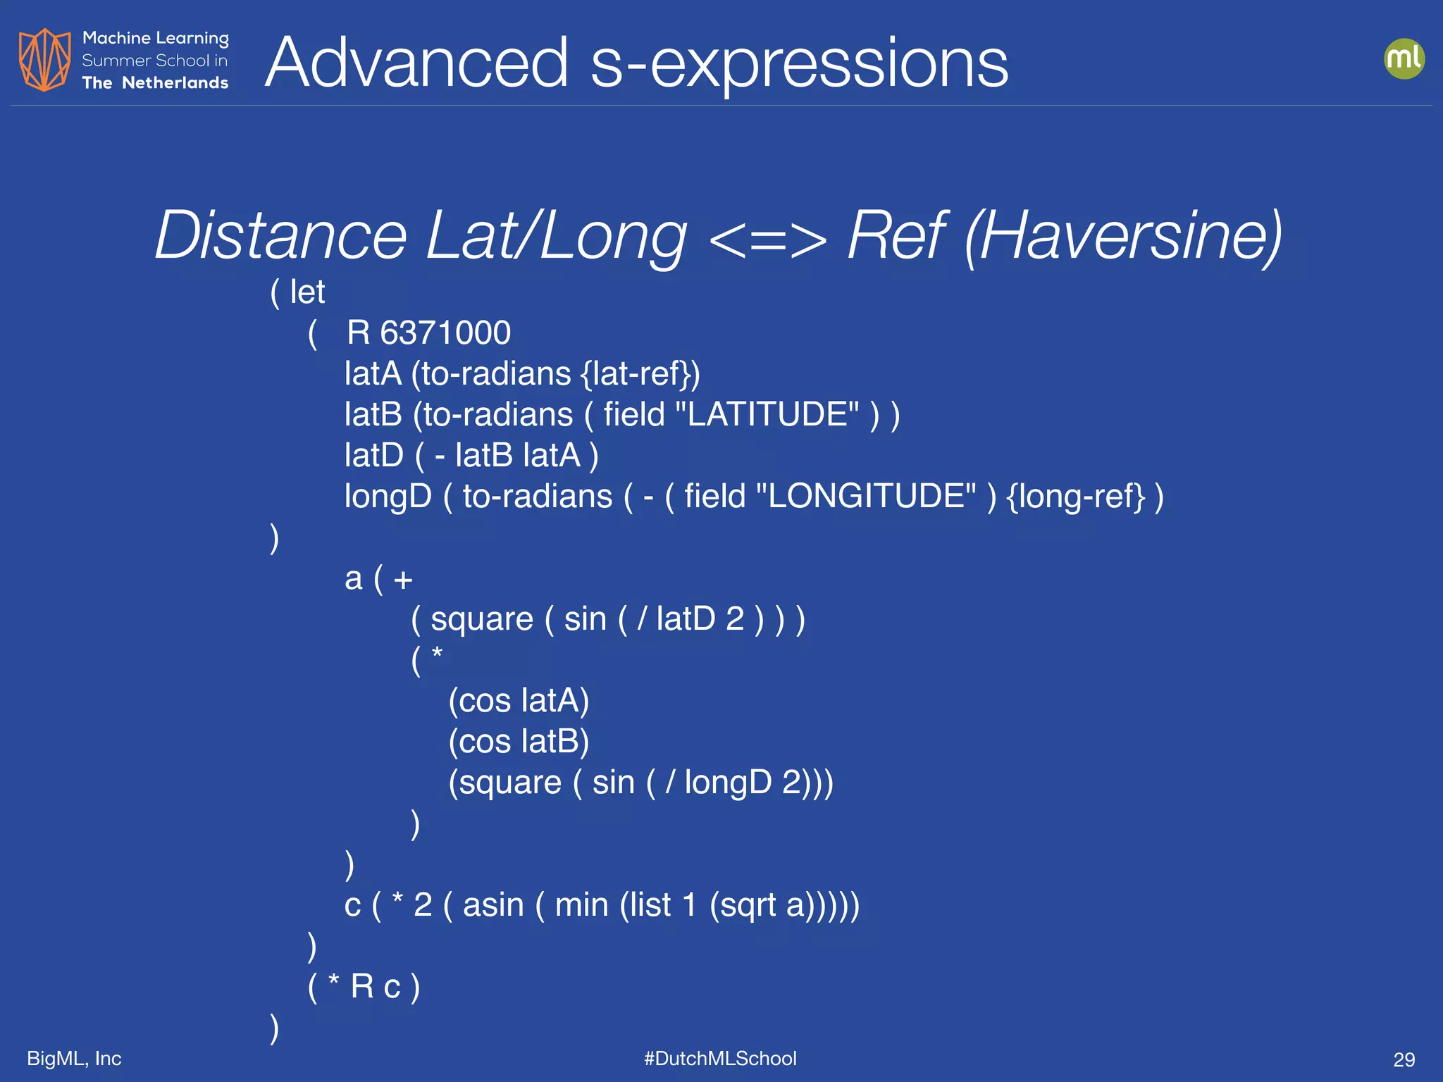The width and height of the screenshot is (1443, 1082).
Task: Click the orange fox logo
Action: [x=44, y=60]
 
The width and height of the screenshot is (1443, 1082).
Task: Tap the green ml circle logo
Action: [x=1404, y=58]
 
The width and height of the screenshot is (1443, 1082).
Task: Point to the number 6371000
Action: [x=445, y=332]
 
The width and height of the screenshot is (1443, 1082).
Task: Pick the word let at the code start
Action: [x=307, y=292]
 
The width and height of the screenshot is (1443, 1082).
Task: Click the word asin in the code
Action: [x=493, y=904]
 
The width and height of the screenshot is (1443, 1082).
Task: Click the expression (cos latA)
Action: [x=519, y=701]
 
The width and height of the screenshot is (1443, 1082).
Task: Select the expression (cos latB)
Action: [x=519, y=742]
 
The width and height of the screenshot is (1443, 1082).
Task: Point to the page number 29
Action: [x=1404, y=1059]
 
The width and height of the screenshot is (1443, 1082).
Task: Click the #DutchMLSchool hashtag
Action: [x=720, y=1058]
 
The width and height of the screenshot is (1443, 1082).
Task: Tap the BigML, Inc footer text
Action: [x=74, y=1058]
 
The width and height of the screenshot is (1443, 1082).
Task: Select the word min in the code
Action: [x=581, y=904]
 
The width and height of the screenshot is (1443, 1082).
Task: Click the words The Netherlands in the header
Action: [x=155, y=83]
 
